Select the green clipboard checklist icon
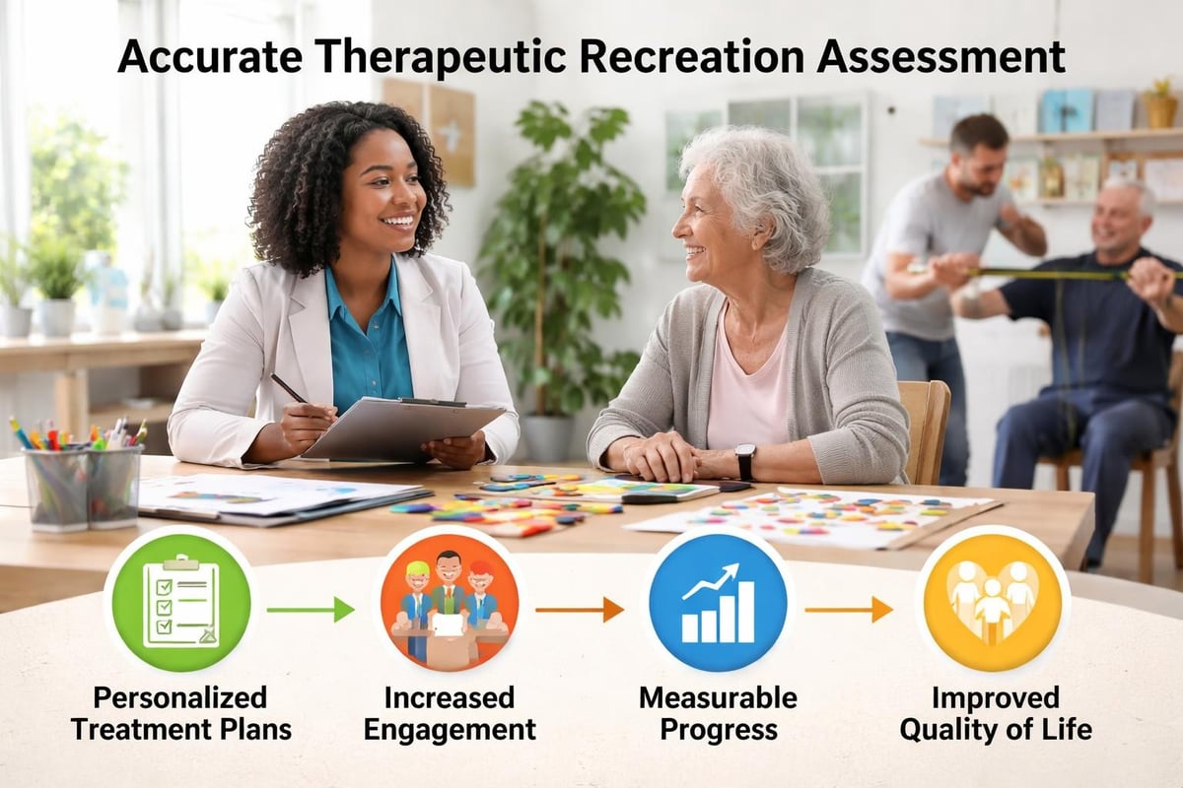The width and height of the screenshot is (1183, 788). (x=180, y=600)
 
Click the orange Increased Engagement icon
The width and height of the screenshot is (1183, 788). (x=450, y=600)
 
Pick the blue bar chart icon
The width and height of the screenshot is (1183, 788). (x=719, y=600)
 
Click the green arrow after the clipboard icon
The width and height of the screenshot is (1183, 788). (x=310, y=610)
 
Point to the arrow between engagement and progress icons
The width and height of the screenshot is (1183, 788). (x=579, y=610)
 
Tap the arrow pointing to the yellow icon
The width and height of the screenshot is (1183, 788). (x=848, y=610)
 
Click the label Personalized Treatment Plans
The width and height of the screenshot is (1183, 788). (x=180, y=713)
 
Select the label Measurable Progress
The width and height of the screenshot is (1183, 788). (x=719, y=713)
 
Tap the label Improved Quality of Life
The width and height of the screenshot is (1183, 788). (x=996, y=713)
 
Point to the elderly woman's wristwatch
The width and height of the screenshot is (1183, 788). (x=745, y=459)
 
